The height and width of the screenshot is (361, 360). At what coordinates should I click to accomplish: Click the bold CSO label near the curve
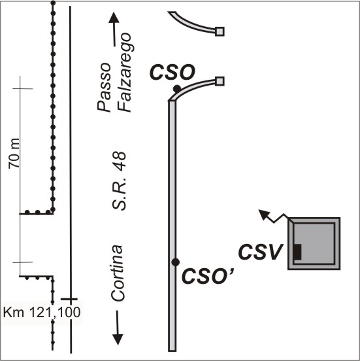click(x=172, y=73)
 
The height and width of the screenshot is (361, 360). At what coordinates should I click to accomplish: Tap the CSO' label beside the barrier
click(x=208, y=276)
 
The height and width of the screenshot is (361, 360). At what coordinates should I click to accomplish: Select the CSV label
click(x=260, y=252)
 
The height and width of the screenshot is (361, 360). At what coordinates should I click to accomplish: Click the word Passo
click(x=104, y=87)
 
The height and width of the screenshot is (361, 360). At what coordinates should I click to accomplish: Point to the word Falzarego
click(x=124, y=73)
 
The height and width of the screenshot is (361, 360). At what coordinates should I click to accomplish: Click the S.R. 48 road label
click(x=119, y=180)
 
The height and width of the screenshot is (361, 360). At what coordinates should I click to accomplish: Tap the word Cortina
click(x=118, y=273)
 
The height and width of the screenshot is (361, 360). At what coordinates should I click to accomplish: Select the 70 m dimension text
click(x=14, y=154)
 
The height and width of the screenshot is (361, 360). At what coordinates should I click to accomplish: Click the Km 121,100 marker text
click(x=42, y=313)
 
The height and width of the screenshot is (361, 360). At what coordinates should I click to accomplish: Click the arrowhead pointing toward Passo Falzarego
click(x=114, y=18)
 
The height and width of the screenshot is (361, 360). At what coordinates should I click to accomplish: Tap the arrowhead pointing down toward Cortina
click(x=118, y=339)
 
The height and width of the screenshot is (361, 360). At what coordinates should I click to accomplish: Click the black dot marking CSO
click(x=177, y=89)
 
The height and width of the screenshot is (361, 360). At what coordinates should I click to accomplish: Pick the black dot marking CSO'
click(x=176, y=262)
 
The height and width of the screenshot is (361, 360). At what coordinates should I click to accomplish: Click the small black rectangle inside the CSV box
click(x=298, y=252)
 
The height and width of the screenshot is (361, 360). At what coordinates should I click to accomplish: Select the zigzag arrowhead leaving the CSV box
click(x=263, y=214)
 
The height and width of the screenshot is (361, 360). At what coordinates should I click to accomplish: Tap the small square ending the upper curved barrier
click(x=220, y=31)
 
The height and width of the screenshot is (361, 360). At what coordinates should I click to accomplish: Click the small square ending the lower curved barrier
click(x=220, y=81)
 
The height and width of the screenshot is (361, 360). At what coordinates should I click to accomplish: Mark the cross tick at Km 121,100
click(x=69, y=299)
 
